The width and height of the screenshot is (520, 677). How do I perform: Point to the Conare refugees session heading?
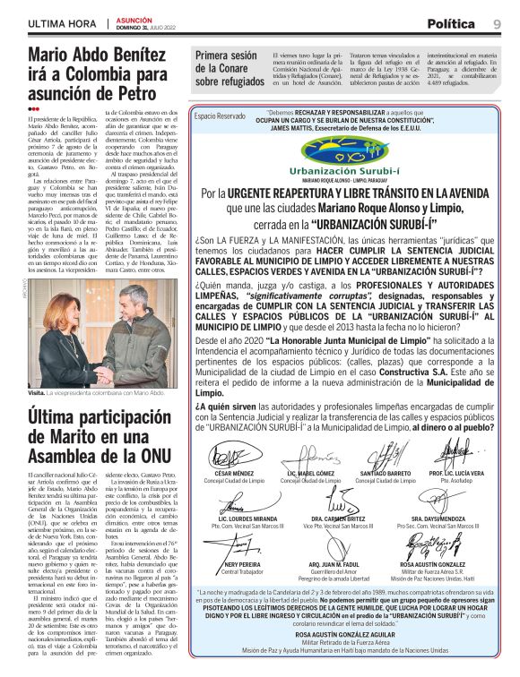(x=229, y=68)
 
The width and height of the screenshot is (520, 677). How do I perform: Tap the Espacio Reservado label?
(x=220, y=116)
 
